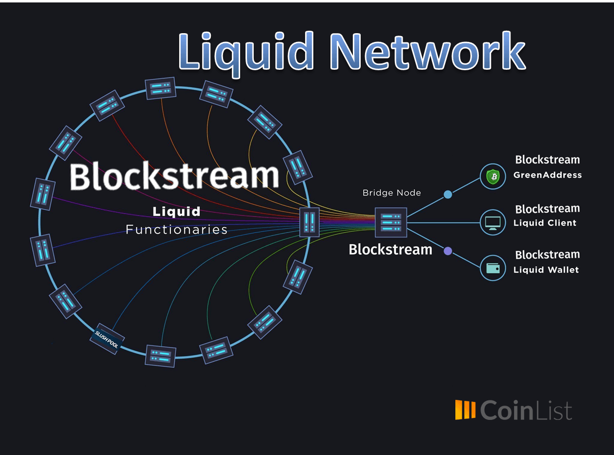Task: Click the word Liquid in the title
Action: [246, 52]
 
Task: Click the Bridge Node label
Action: [391, 193]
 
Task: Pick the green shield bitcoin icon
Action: [492, 177]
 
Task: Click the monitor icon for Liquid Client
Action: [492, 222]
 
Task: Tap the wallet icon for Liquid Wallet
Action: [492, 268]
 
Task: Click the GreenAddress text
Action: [547, 175]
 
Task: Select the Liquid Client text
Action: [545, 223]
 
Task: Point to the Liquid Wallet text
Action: [546, 270]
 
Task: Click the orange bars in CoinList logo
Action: [465, 410]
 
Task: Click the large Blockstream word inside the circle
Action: [174, 176]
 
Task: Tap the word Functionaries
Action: [177, 230]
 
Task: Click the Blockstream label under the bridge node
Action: [390, 250]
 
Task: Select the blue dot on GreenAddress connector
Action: [448, 195]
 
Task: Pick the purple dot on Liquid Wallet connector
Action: [448, 251]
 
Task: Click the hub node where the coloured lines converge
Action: [309, 222]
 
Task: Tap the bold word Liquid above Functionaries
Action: [177, 212]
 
